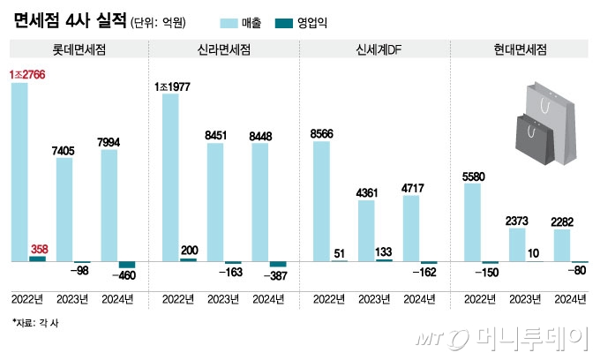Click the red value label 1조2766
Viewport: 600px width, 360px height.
(28, 74)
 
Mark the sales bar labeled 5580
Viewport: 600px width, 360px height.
(472, 221)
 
